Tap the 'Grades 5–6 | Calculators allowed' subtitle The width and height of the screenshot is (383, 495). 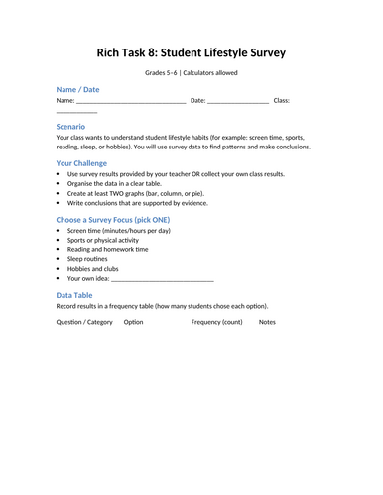tap(191, 73)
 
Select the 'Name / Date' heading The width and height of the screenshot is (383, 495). tap(80, 89)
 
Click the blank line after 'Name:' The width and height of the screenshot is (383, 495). tap(130, 101)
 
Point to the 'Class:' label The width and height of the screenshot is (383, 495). tap(282, 100)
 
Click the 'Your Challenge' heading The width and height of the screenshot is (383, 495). tap(82, 162)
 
